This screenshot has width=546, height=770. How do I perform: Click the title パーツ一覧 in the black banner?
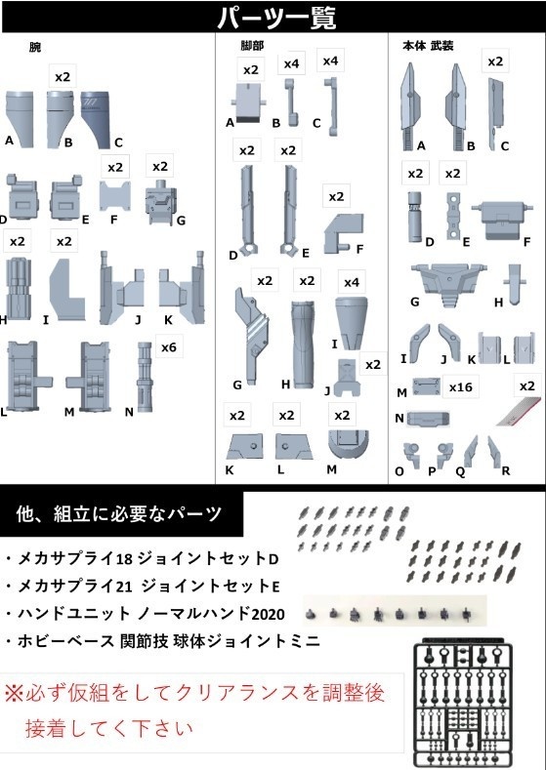[276, 19]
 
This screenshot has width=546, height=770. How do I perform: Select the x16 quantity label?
[460, 387]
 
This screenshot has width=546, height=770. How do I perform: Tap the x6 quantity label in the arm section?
[169, 347]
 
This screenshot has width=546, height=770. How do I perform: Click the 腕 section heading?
[35, 48]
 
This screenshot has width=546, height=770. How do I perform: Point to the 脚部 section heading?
[252, 46]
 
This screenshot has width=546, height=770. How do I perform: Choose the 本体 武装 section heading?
[428, 46]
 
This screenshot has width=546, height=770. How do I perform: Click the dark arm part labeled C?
[96, 119]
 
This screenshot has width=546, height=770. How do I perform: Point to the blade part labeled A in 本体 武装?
[410, 106]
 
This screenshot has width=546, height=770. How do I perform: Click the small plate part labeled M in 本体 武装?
[426, 386]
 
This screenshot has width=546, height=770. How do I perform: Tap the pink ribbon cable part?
[518, 410]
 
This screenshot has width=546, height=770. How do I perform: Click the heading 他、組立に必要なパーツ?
[119, 514]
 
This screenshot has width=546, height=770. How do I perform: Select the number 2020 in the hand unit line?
[268, 614]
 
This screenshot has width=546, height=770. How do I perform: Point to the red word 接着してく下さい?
[109, 728]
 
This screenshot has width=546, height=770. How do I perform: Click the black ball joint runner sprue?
[462, 704]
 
